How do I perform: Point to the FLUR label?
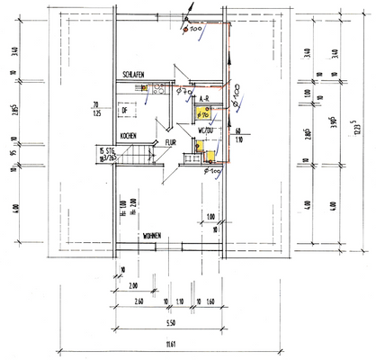(170, 142)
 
